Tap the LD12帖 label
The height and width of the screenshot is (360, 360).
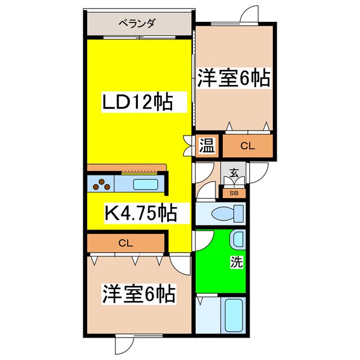coord(136,102)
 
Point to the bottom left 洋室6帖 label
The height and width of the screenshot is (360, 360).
coord(138,294)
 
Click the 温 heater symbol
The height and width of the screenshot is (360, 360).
coord(206,147)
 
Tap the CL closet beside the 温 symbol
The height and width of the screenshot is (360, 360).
coord(247,146)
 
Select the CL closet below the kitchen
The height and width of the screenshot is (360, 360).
coord(125,243)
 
